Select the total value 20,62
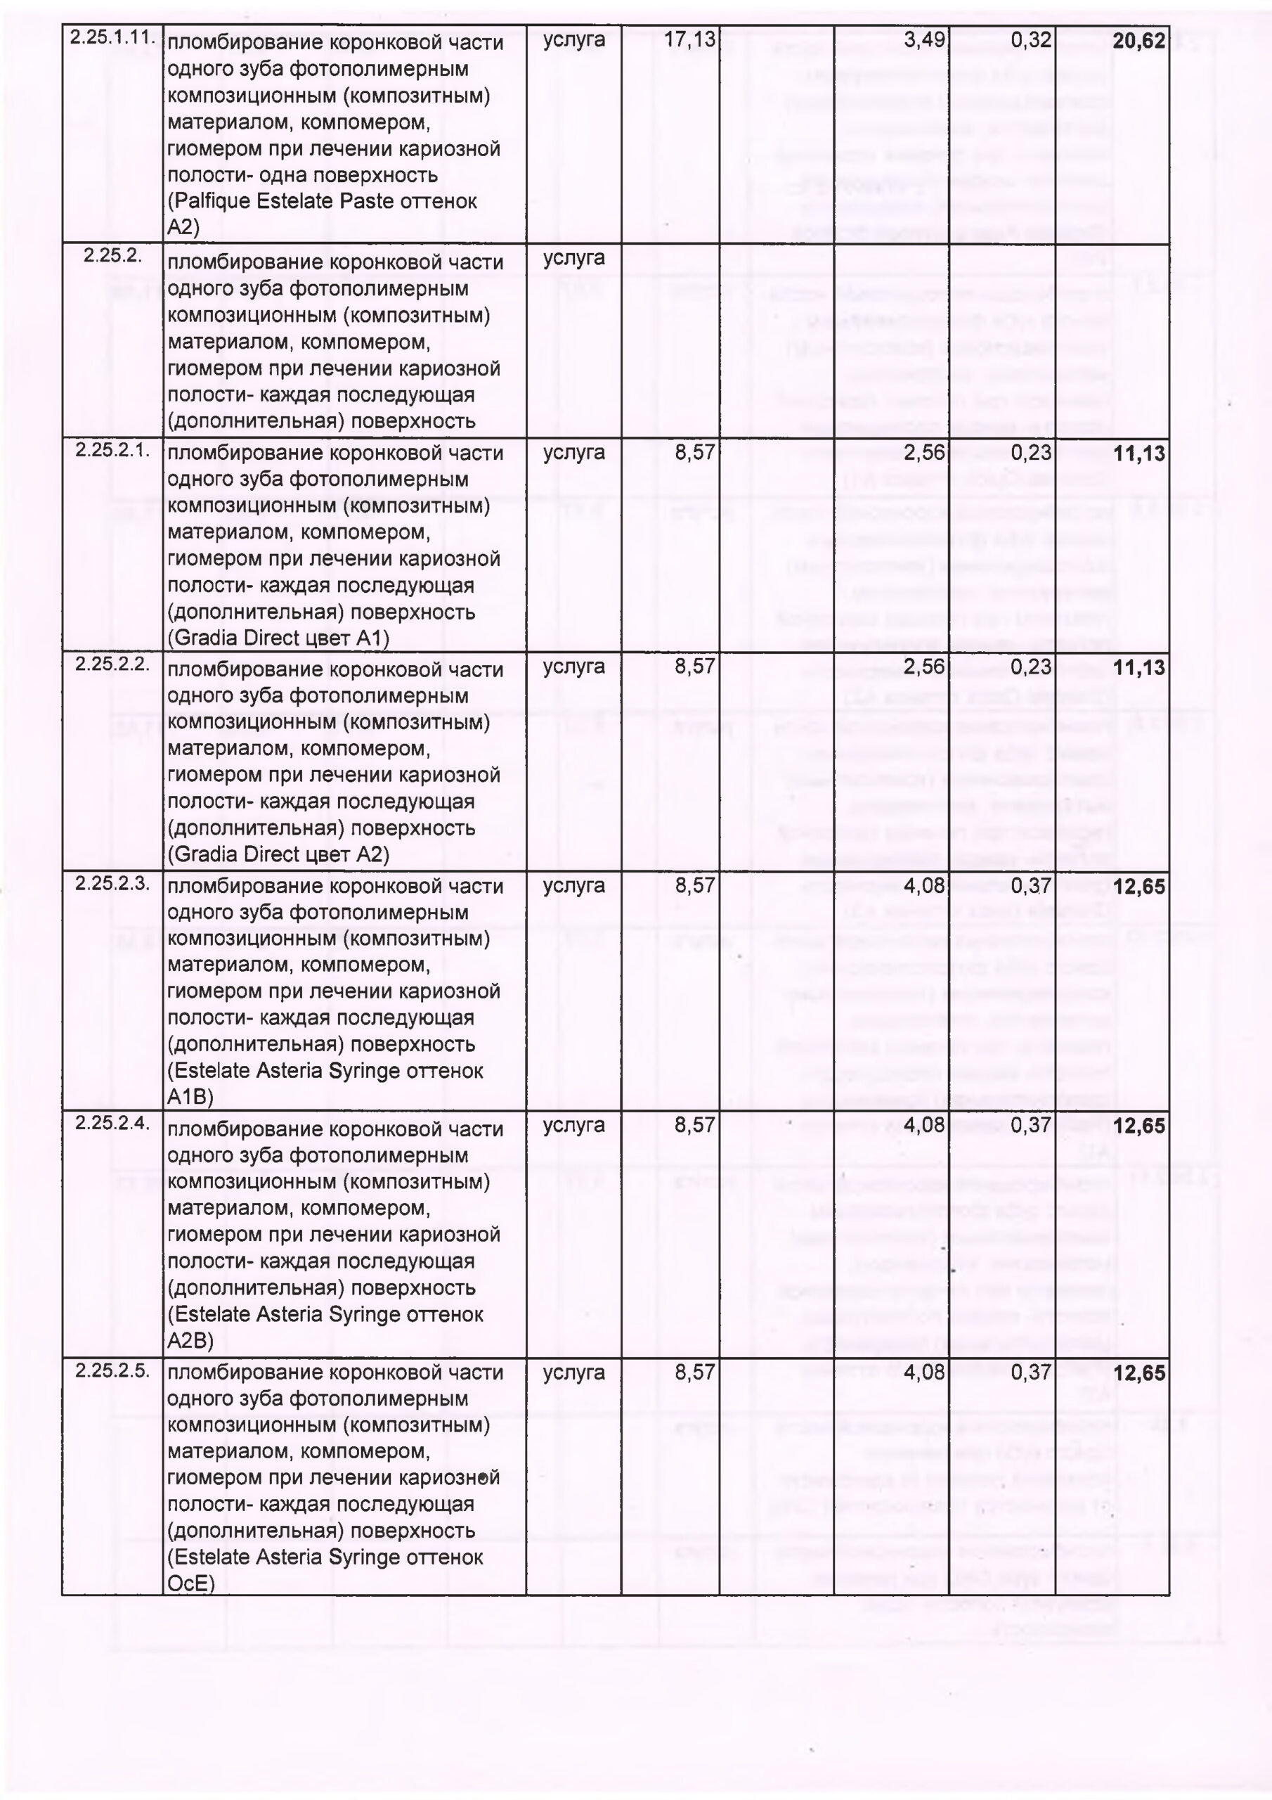click(x=1138, y=41)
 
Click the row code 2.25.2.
click(x=113, y=255)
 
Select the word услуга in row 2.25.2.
click(x=573, y=258)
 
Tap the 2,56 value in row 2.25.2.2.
click(x=925, y=667)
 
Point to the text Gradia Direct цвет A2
click(x=278, y=854)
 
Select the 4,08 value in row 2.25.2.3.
click(x=925, y=886)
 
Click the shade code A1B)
click(x=190, y=1096)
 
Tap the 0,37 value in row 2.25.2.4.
click(x=1031, y=1126)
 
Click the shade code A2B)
click(x=190, y=1340)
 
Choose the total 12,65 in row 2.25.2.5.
click(x=1138, y=1373)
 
